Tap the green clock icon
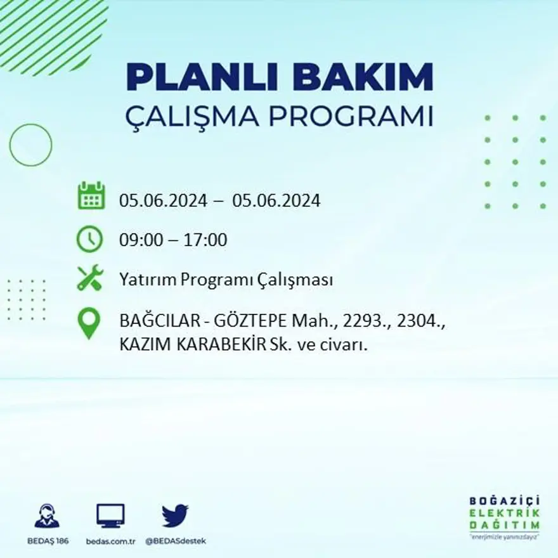(89, 239)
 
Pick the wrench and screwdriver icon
(89, 278)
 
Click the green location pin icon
(89, 322)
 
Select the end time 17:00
(205, 240)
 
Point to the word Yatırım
(147, 280)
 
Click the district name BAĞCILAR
(153, 322)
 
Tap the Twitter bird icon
(175, 515)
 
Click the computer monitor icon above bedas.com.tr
(110, 515)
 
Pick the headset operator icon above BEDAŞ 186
(47, 516)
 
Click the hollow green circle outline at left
(30, 145)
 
